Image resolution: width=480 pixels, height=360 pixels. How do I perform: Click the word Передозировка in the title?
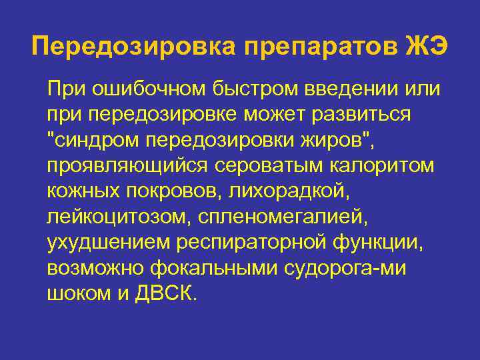click(132, 46)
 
